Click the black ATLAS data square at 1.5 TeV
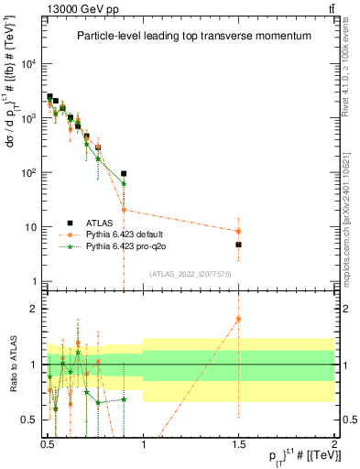[x=238, y=245]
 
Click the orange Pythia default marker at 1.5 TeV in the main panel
[x=238, y=231]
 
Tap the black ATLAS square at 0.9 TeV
[x=124, y=173]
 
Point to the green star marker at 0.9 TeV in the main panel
[x=124, y=183]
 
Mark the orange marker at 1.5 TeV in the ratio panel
[x=238, y=319]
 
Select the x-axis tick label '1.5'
[x=238, y=442]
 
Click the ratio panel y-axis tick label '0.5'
[x=30, y=420]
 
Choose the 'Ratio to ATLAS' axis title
[x=12, y=365]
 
